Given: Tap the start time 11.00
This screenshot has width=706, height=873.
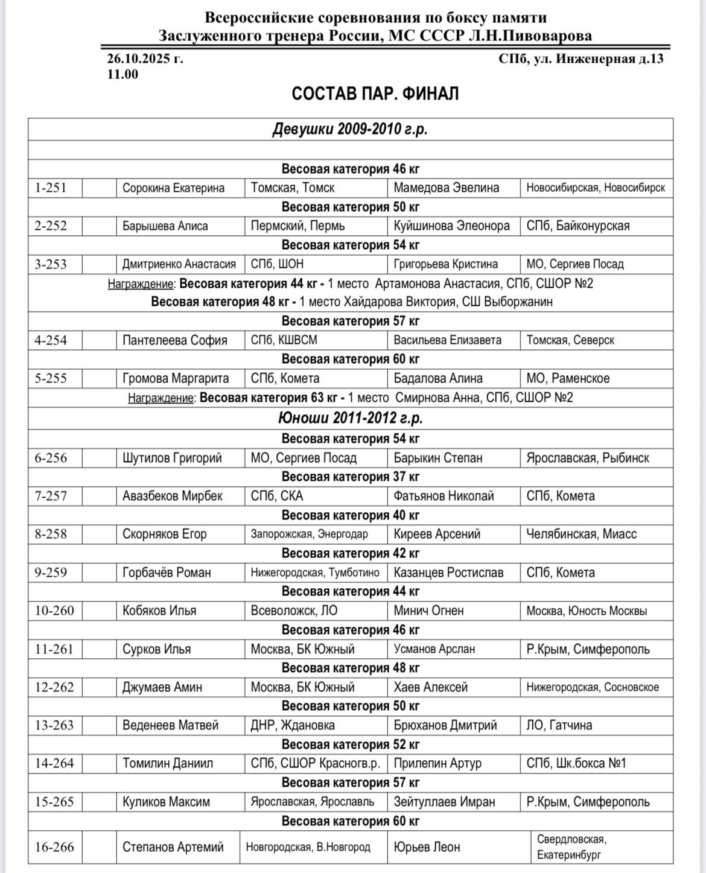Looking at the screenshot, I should coord(123,74).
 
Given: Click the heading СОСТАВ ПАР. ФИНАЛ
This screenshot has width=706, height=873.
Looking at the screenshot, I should coord(375,94).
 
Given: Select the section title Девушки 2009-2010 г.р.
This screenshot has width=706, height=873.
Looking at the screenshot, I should coord(351,129).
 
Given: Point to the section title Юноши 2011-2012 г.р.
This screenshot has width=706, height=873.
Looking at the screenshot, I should coord(351,417).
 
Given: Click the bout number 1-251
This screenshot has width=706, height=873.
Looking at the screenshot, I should coord(51,188).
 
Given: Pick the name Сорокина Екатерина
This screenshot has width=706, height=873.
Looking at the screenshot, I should coord(173,188).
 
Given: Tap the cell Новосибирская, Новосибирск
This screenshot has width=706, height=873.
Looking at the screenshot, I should coord(596,188).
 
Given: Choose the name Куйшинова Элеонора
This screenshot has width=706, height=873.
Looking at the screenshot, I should coord(451,226).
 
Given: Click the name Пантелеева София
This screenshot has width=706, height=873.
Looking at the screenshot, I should coord(175,340).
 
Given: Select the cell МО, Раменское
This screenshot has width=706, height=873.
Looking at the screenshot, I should coord(568,378).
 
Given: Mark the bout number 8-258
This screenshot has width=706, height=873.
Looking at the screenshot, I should coord(51,534).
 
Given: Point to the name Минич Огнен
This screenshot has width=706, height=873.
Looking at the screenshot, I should coord(428,611).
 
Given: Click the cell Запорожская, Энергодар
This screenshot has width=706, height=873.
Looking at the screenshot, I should coord(310,534).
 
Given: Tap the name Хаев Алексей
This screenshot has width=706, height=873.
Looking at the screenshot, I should coord(430,687).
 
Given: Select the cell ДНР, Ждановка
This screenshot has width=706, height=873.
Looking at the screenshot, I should coord(293,725).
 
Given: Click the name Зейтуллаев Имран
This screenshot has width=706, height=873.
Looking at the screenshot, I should coord(444,802).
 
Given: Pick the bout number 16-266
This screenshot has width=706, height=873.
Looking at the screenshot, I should coord(54,847).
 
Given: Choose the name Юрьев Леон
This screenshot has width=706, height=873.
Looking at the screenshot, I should coord(427,847).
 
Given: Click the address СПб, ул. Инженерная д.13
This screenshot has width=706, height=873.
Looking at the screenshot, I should coord(580,59).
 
